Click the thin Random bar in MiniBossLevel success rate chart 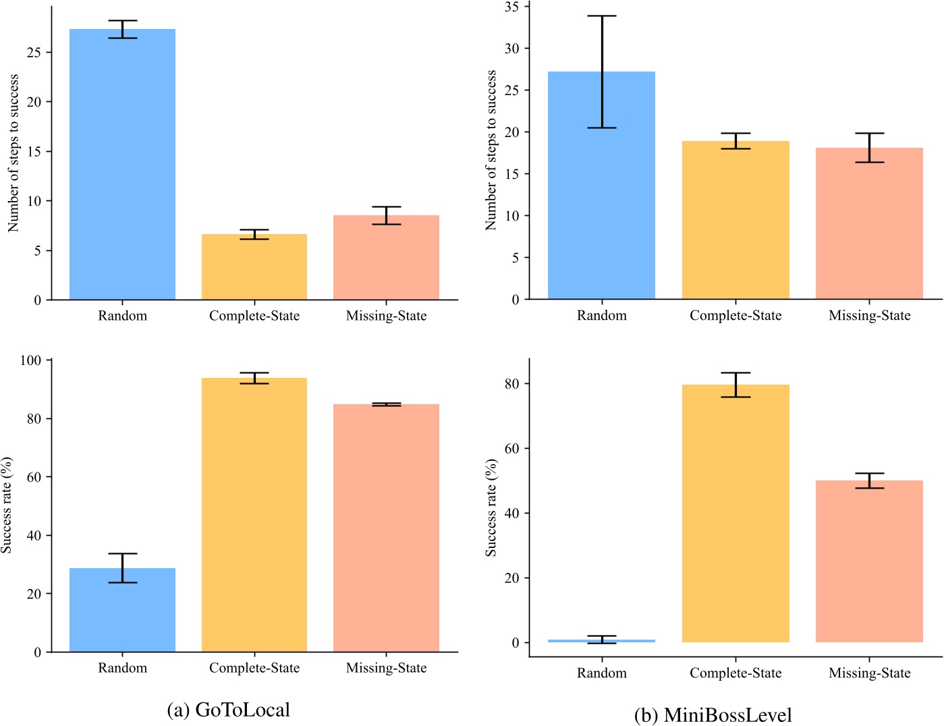[x=601, y=641]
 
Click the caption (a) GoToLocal [x=229, y=710]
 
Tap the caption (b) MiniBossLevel [x=713, y=715]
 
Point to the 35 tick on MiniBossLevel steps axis [x=512, y=7]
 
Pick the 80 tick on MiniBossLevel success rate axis [x=512, y=384]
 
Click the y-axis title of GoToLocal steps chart [x=13, y=153]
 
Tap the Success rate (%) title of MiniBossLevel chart [x=491, y=508]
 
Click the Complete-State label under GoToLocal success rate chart [x=254, y=668]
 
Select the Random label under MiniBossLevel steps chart [x=601, y=315]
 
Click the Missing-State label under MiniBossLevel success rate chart [x=869, y=673]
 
